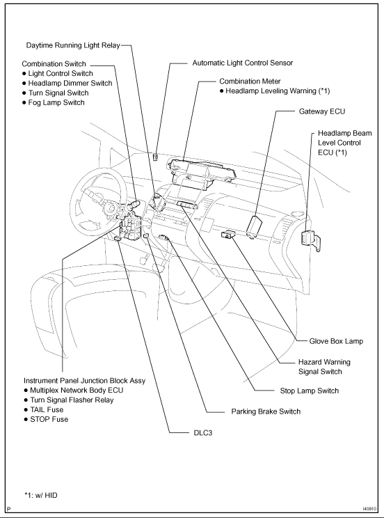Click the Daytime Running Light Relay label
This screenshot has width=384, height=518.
pyautogui.click(x=73, y=45)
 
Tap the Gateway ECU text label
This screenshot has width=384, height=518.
pyautogui.click(x=321, y=111)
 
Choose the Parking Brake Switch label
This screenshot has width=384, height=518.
pyautogui.click(x=266, y=411)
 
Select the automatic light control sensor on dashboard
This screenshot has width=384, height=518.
pyautogui.click(x=158, y=156)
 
